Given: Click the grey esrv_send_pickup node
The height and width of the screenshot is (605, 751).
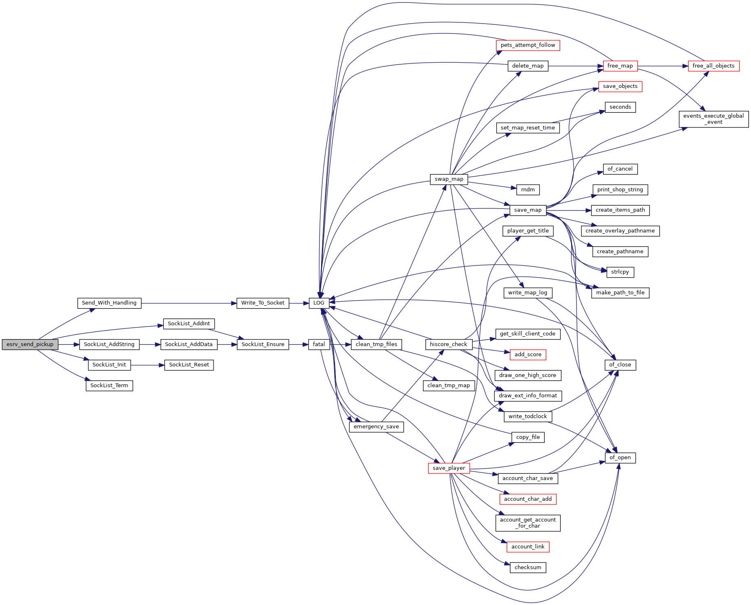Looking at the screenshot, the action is pos(30,344).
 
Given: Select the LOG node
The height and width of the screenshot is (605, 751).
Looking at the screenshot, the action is pos(319,303).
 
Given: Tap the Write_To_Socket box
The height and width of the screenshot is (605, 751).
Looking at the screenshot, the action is pos(263,303).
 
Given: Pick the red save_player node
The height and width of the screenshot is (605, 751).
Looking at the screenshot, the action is pos(449,468).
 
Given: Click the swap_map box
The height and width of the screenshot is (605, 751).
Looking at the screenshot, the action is pos(449,179).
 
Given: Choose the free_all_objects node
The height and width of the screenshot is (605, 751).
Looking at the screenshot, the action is pos(714,66).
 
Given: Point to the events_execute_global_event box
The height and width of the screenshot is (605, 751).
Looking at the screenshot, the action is pos(714,119).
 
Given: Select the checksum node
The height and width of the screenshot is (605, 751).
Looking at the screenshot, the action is pos(528,568).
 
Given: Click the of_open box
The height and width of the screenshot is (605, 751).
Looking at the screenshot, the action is pos(620,458).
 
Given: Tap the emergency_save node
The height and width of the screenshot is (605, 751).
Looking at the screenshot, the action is pos(376,427).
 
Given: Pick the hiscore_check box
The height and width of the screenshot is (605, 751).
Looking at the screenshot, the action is pos(449,344).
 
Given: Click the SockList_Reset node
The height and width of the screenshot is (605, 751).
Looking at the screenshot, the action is pos(189,365).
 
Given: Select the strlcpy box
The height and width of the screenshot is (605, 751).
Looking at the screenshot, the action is pos(620,272).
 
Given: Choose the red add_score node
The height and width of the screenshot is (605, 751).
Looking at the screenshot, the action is pos(528,355).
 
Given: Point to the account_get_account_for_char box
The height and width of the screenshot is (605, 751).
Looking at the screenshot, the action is pos(528,523).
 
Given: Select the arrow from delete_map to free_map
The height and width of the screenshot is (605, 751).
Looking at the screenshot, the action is pos(576,66).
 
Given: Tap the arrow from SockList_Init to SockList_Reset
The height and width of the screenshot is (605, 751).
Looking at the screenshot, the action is pos(148,365).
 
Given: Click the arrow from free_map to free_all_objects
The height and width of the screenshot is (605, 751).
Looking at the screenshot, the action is pos(663,66).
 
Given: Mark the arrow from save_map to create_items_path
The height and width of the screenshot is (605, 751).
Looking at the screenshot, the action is pos(569,210).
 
